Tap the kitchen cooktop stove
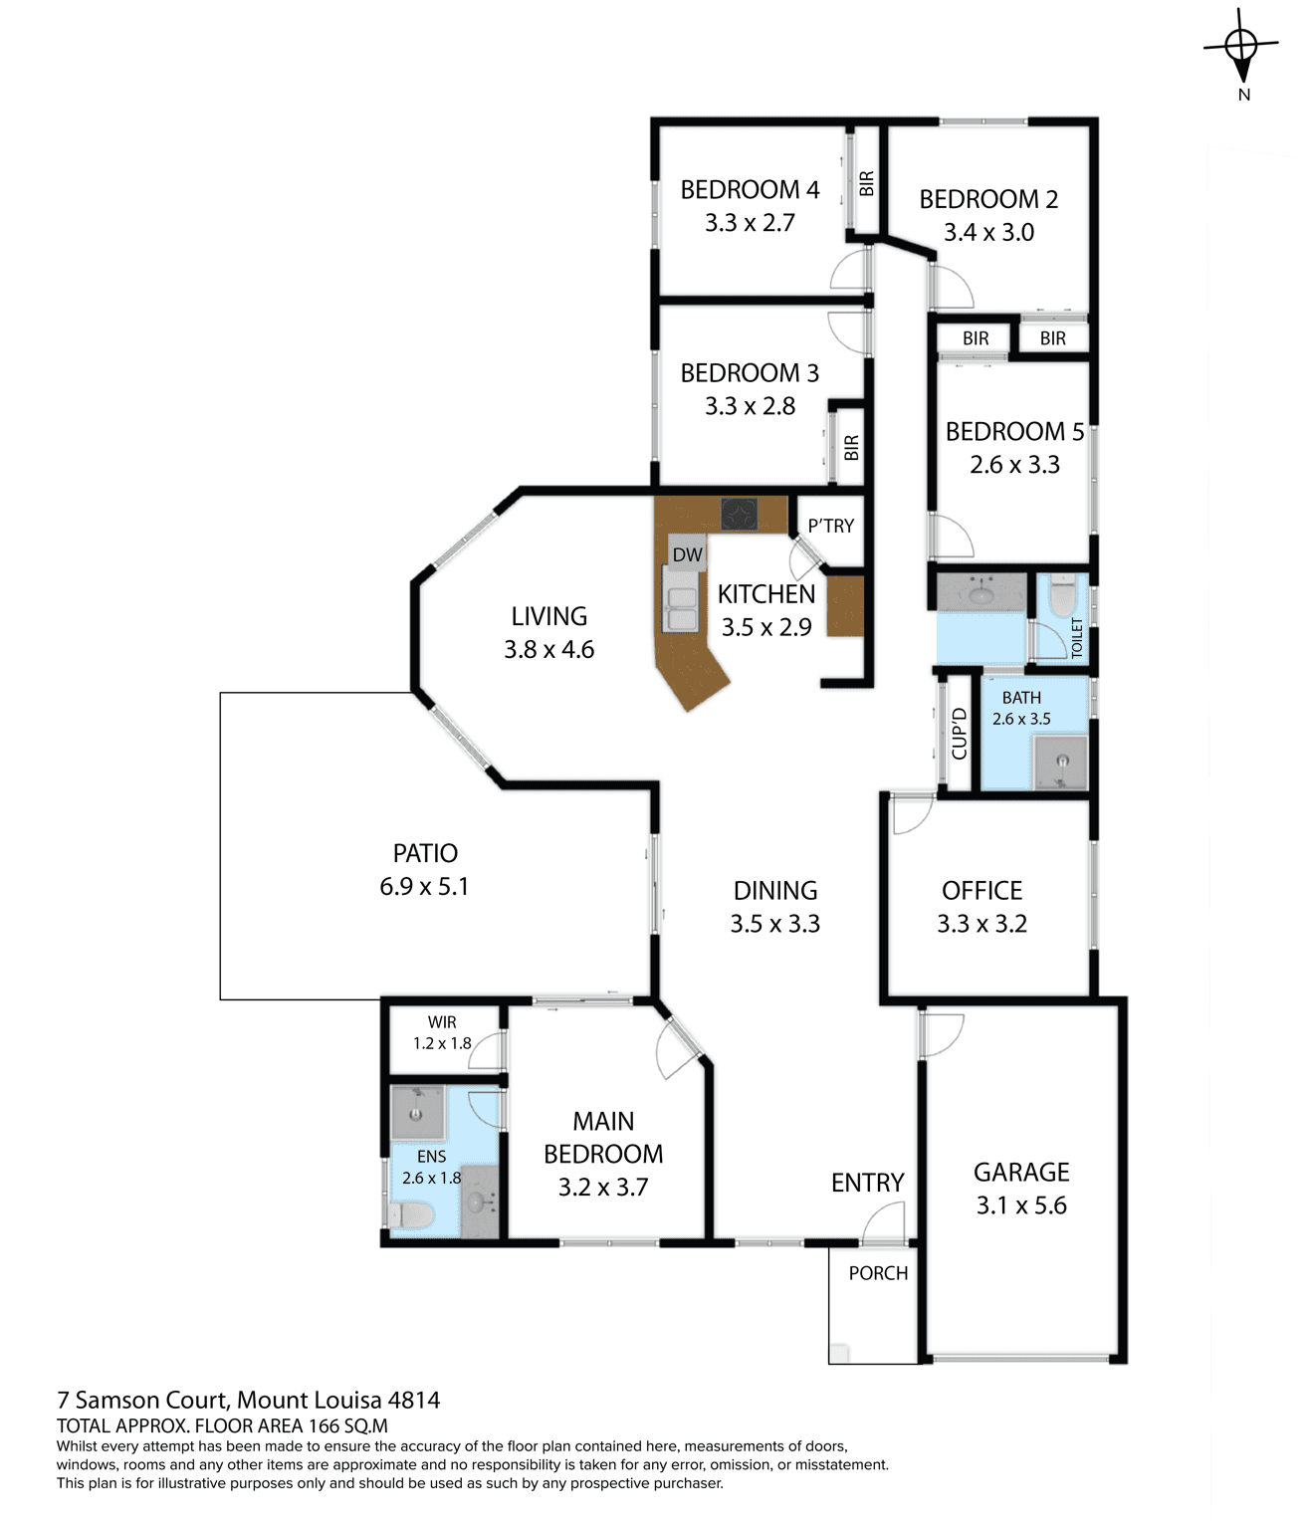739,514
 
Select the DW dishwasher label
687,554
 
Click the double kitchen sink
681,608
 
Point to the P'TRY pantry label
830,526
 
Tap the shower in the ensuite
417,1112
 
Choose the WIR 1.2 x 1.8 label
442,1032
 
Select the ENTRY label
867,1183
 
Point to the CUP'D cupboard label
959,733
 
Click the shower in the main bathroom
1060,762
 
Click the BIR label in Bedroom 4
866,183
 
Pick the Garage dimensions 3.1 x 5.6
1020,1205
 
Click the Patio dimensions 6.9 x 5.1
424,886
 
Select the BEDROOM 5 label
1014,431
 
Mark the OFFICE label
982,891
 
